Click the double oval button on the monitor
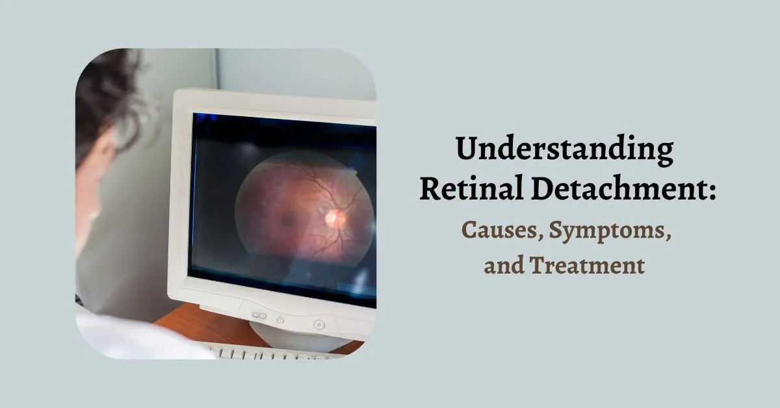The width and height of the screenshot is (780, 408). click(259, 315)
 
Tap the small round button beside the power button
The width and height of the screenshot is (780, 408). click(280, 320)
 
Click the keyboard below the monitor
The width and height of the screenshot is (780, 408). click(273, 353)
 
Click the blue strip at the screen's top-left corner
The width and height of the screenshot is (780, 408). click(206, 118)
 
